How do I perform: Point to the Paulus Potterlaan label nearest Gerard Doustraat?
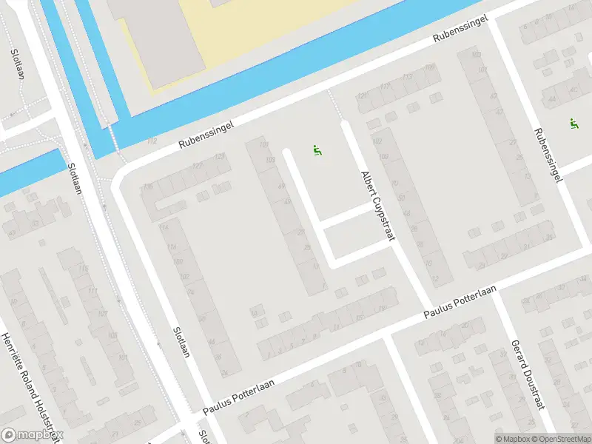pyautogui.click(x=458, y=304)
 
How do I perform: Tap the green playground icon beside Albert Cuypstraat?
pyautogui.click(x=317, y=150)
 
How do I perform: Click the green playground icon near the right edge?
pyautogui.click(x=573, y=123)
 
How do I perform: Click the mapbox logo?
pyautogui.click(x=32, y=435)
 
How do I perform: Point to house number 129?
pyautogui.click(x=219, y=156)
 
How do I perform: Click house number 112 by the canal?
pyautogui.click(x=152, y=141)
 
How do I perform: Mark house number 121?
pyautogui.click(x=362, y=96)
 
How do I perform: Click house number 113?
pyautogui.click(x=406, y=77)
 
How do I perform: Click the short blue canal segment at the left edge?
pyautogui.click(x=30, y=170)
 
